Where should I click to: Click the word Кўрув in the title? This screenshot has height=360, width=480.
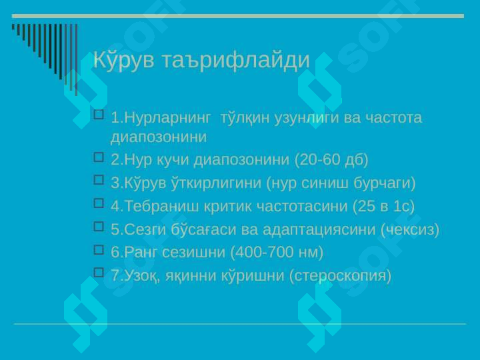124,59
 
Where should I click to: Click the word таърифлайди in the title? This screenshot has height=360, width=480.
236,60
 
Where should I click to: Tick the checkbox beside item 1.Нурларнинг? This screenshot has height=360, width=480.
99,115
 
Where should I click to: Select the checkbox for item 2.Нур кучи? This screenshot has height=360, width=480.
99,157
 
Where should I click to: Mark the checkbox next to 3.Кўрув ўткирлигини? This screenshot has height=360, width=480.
99,180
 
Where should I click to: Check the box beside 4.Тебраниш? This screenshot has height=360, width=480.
99,203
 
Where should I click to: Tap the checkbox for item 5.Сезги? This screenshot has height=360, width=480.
99,227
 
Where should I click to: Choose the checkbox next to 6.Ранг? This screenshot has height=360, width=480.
99,250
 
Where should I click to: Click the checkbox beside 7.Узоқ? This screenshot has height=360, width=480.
99,273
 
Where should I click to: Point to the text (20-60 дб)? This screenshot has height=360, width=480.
331,160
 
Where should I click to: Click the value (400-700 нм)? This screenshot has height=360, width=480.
277,253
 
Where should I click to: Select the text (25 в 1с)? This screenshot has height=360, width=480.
383,206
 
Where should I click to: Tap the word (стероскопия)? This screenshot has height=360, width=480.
340,275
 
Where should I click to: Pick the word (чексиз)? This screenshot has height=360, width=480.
410,229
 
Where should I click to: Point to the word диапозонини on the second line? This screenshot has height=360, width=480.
159,137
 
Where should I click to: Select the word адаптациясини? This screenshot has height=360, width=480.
319,230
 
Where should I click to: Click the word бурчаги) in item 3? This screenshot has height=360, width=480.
385,183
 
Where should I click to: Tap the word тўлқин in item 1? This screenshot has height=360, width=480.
245,118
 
